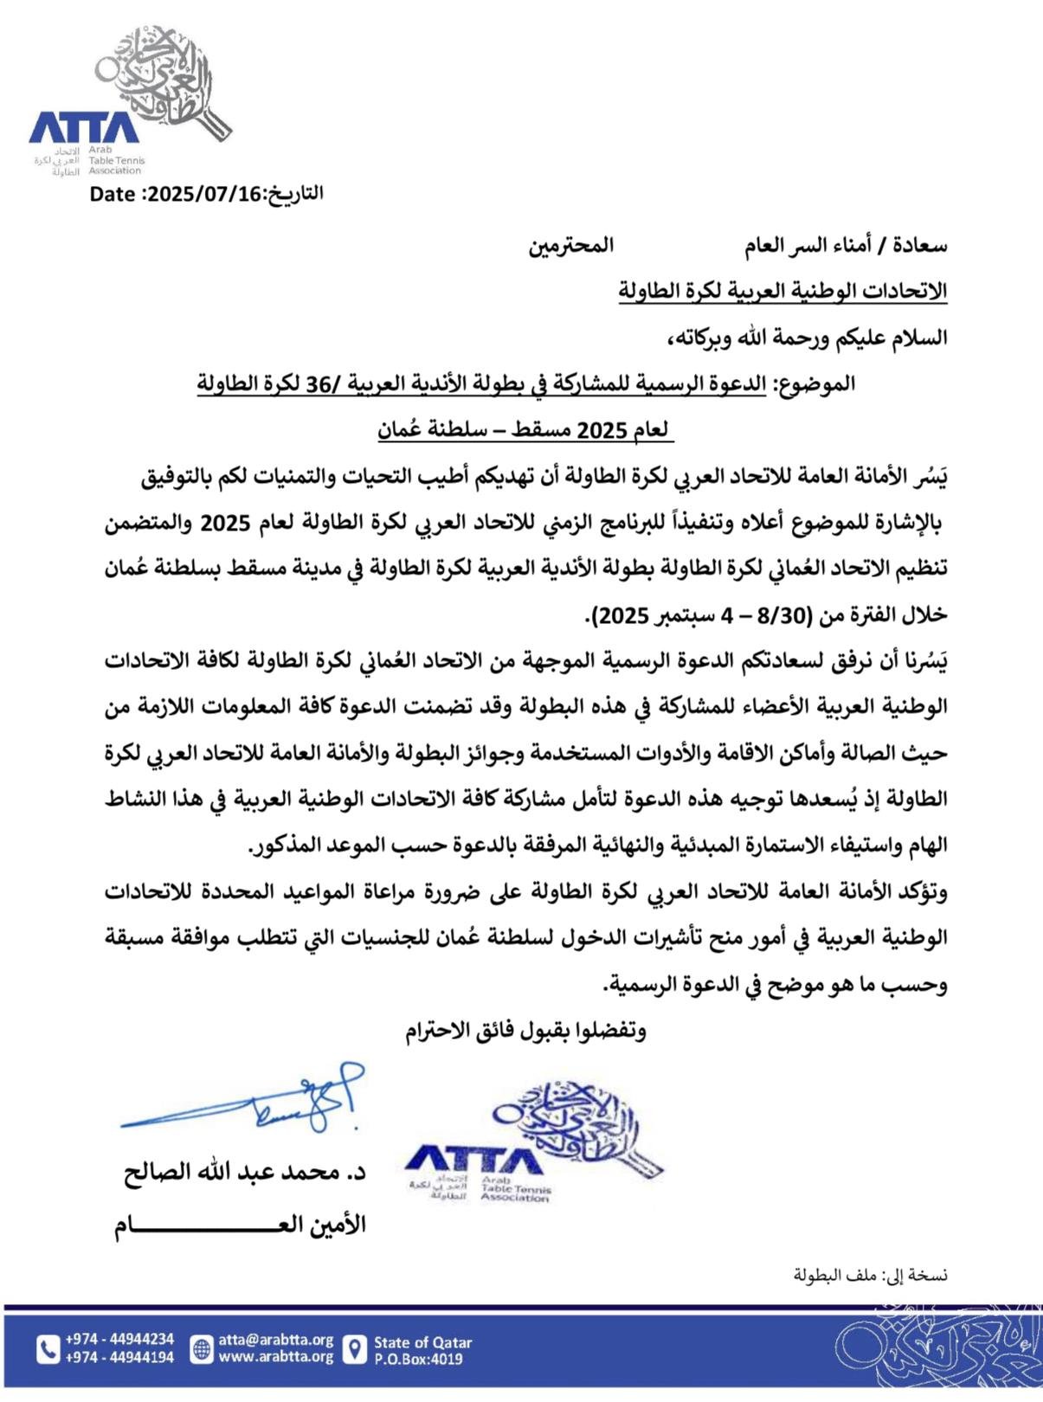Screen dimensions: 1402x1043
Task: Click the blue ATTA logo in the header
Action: (84, 127)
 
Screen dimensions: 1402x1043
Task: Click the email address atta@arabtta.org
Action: (275, 1340)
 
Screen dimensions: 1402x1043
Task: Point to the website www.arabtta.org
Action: (275, 1356)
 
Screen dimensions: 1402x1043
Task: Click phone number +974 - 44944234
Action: (119, 1340)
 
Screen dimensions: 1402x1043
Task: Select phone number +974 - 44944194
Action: (119, 1357)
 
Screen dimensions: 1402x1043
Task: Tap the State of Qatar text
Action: (422, 1342)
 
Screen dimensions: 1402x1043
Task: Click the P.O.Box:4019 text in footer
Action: (418, 1359)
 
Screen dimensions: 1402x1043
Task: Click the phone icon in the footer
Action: (48, 1348)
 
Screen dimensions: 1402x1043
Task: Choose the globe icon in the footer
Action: (202, 1348)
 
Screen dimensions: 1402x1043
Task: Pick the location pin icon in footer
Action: (355, 1349)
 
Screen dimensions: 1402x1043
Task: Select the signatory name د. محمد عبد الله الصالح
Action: (244, 1174)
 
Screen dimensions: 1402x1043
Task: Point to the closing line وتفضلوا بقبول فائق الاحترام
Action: (525, 1031)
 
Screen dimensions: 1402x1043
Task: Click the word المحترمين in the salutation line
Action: (571, 246)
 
